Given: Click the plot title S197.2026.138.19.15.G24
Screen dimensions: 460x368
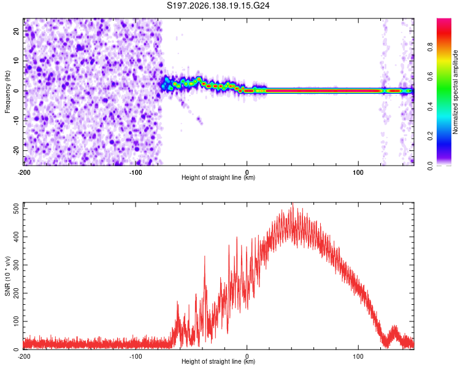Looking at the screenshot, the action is [218, 6].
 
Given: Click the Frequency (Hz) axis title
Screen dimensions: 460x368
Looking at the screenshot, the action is [7, 92].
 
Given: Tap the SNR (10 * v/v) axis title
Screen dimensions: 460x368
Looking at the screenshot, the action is [7, 276].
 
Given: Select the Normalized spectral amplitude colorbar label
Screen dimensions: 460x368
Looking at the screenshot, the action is [455, 92].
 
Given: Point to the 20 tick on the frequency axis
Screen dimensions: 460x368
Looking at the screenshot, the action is [16, 31].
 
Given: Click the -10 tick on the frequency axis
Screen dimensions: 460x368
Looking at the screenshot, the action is [16, 121].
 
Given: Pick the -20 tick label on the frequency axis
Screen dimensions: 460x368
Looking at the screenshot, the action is [16, 150].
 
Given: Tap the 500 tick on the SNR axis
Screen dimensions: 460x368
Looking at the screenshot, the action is [16, 209].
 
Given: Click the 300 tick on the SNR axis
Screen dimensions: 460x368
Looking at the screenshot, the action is [16, 265].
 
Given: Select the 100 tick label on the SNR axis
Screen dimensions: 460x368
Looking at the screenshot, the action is [16, 321].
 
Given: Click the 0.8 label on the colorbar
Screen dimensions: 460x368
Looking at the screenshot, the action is [430, 47].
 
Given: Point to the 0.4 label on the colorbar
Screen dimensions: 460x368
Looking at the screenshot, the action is [430, 106].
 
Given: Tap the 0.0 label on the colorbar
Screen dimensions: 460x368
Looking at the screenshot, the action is [430, 166].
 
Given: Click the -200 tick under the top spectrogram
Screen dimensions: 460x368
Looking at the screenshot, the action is [24, 172].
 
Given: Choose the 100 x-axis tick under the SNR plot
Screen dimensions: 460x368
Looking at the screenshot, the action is [358, 356].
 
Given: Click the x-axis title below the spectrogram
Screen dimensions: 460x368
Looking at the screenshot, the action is [218, 177].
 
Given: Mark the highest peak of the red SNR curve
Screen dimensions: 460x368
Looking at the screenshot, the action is [293, 203].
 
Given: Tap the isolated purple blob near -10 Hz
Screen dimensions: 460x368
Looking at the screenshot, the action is [199, 120].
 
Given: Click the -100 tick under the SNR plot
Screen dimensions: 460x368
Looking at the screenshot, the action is [136, 356].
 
